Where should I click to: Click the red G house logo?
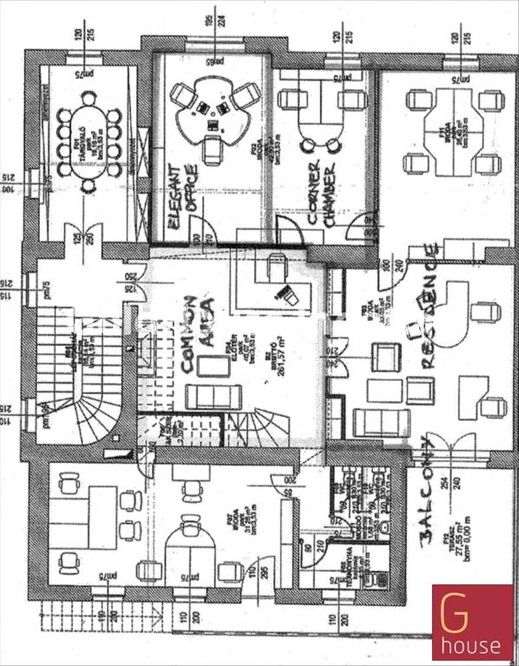(x=473, y=622)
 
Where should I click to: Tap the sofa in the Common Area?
(x=213, y=397)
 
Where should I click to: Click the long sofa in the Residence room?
(x=382, y=423)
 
